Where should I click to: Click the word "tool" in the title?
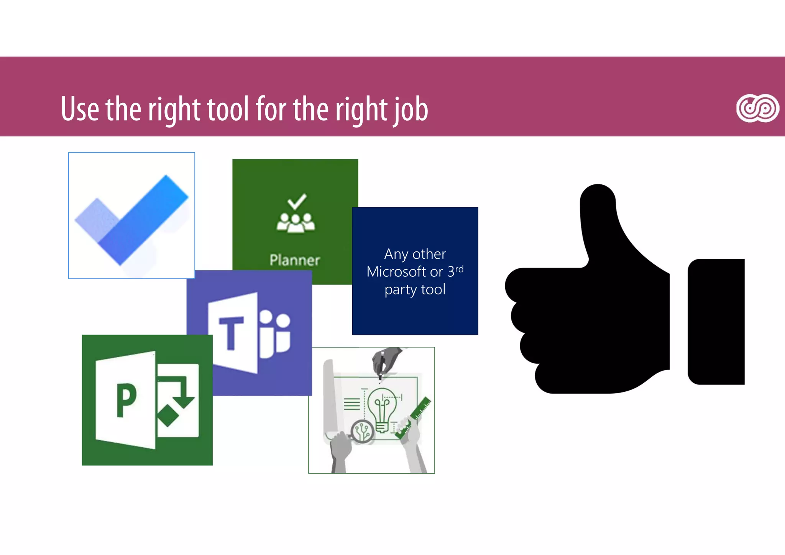(x=228, y=109)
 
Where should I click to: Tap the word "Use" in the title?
(x=80, y=109)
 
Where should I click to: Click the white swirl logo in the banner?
(x=757, y=108)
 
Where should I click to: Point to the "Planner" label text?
(x=294, y=260)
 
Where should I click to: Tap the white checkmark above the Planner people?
(x=297, y=201)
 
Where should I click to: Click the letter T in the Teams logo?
(x=231, y=333)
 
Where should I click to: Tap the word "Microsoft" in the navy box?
(x=396, y=272)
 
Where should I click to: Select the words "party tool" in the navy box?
(x=415, y=289)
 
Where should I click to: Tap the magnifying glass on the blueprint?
(x=362, y=432)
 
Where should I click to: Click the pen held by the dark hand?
(x=381, y=366)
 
